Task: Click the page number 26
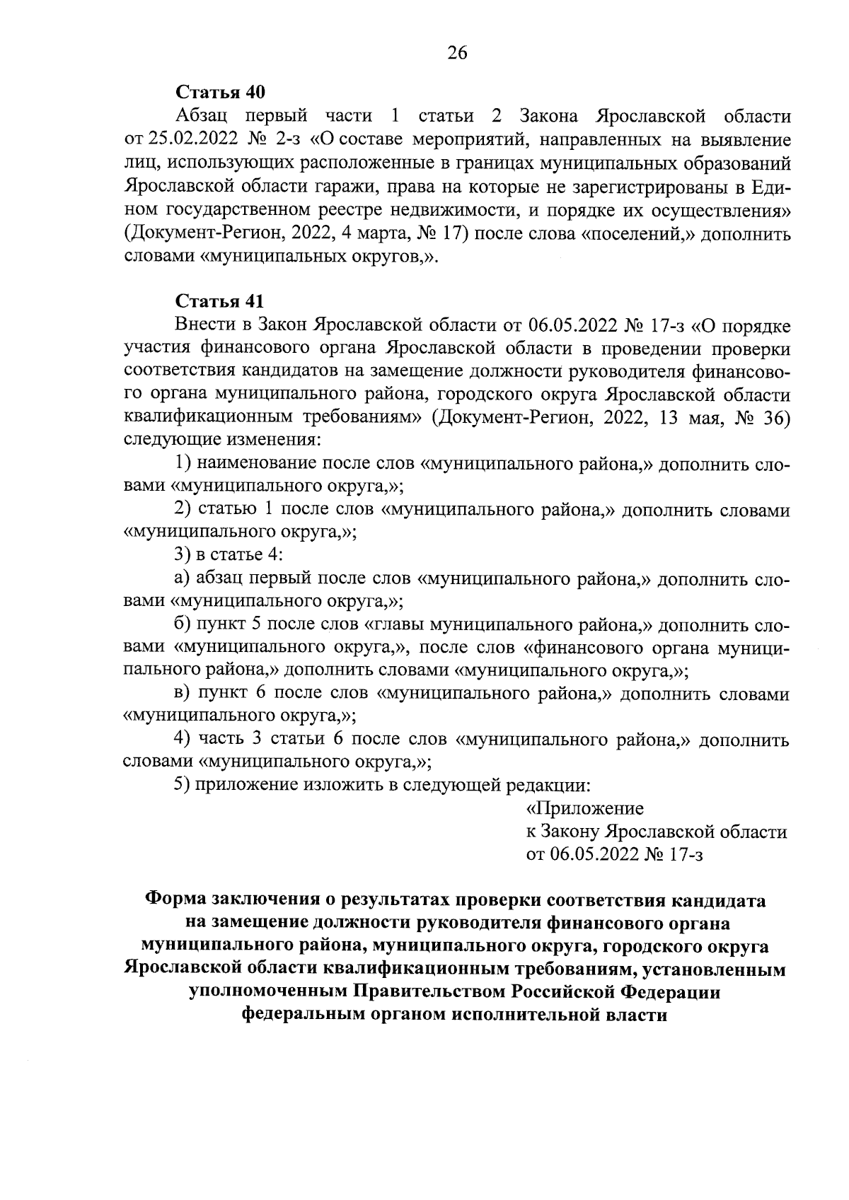click(x=457, y=53)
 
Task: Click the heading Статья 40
click(x=219, y=92)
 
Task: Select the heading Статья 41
click(x=219, y=301)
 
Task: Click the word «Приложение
click(x=585, y=808)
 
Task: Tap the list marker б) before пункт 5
click(x=183, y=625)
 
